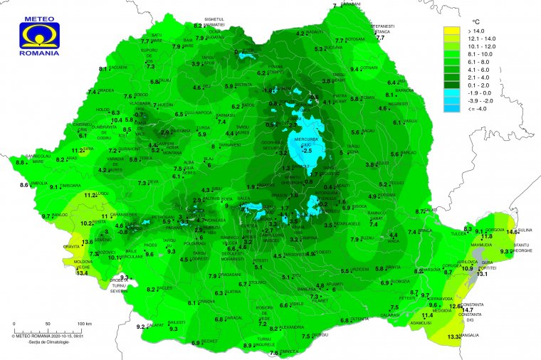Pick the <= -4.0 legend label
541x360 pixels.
coord(478,108)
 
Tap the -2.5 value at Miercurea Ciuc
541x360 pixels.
coord(307,151)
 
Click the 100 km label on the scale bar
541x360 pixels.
coord(85,324)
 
